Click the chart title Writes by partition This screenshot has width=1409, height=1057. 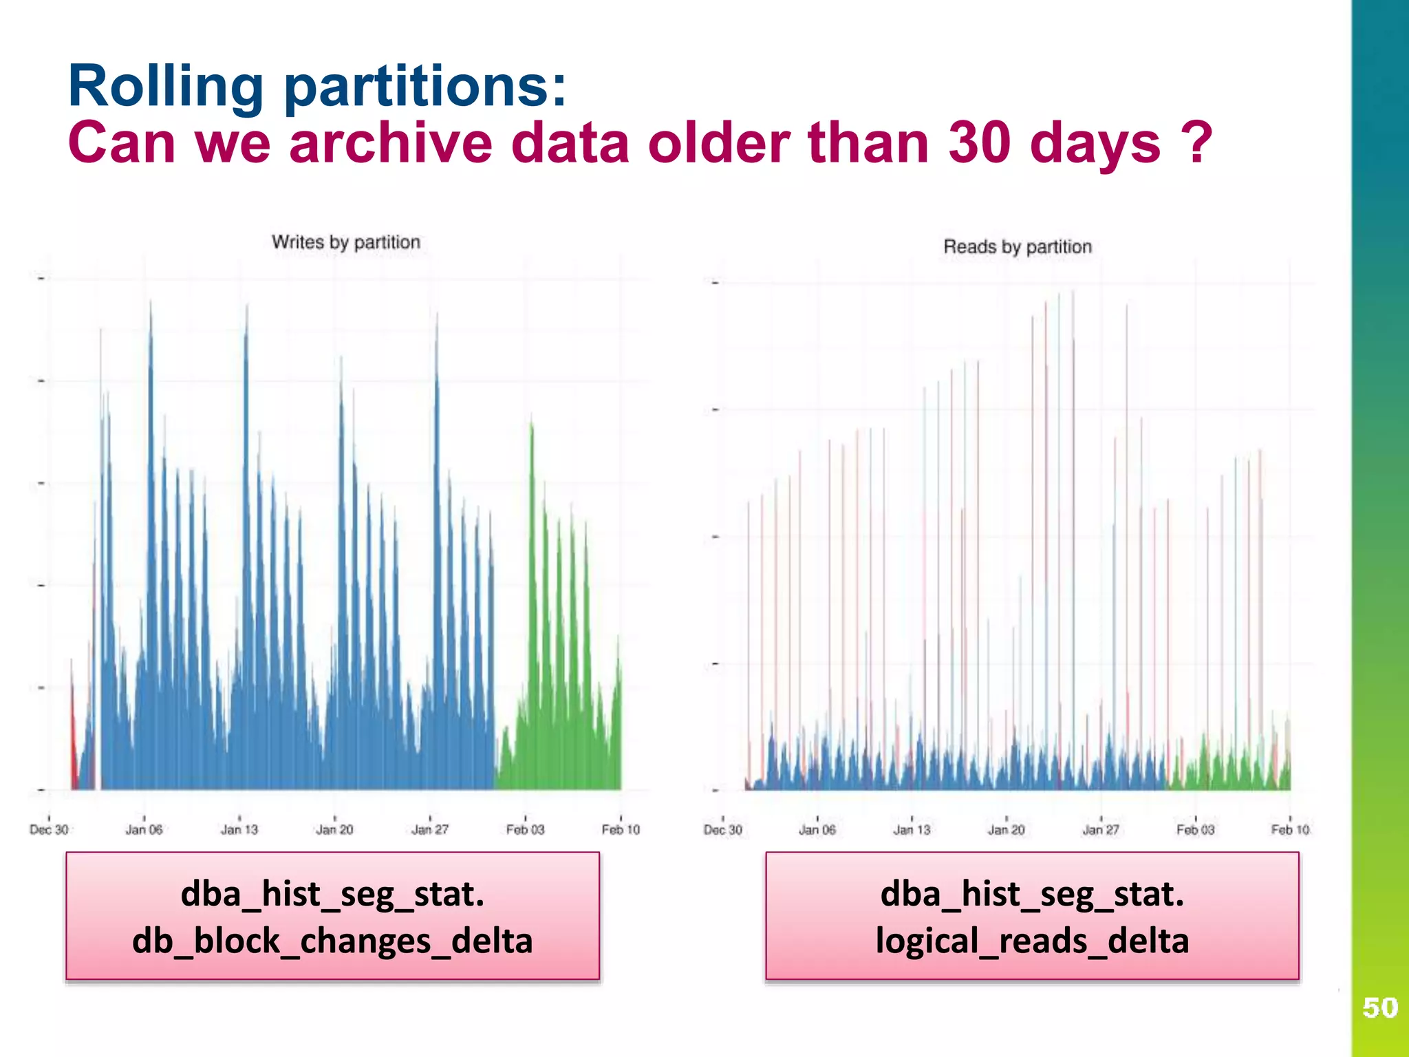point(345,242)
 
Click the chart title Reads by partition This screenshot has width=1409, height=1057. point(1017,246)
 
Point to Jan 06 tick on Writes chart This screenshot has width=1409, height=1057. point(144,829)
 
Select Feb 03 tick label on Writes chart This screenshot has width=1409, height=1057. point(525,829)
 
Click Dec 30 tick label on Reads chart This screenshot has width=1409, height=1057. point(722,830)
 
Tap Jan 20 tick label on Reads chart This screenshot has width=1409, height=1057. point(1006,830)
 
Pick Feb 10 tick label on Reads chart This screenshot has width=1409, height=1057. point(1289,830)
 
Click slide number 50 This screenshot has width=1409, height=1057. point(1379,1007)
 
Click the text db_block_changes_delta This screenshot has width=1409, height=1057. point(332,940)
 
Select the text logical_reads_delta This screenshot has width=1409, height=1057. point(1032,940)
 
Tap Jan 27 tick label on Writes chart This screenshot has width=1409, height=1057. point(430,829)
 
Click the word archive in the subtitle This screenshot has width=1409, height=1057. point(390,142)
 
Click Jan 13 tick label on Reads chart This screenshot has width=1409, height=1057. point(912,830)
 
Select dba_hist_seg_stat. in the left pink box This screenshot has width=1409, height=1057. point(332,893)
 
